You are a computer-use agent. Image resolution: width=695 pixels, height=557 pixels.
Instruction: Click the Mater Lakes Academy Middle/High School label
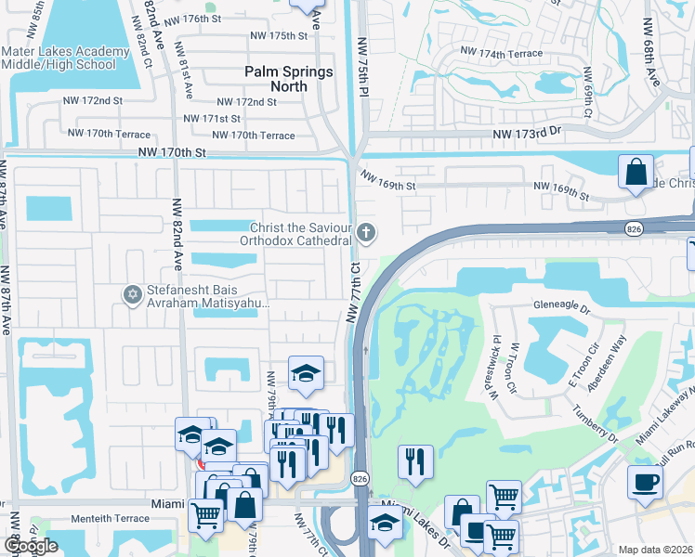tap(65, 58)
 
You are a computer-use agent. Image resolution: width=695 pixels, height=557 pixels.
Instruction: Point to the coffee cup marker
tap(645, 483)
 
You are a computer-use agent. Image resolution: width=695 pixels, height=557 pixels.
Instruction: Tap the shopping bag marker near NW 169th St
tap(636, 173)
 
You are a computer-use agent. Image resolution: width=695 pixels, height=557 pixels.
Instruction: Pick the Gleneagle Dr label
tap(589, 304)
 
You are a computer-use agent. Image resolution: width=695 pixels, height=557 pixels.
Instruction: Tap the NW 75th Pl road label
tap(362, 67)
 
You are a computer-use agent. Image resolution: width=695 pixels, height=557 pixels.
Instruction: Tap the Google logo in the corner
tap(31, 546)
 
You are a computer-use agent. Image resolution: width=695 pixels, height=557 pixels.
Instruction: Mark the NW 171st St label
tap(212, 119)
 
